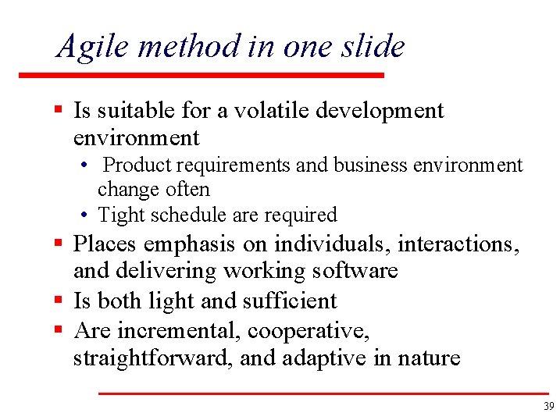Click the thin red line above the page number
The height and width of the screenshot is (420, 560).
point(323,393)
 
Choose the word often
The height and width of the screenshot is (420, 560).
point(188,190)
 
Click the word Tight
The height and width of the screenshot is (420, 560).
point(116,215)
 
